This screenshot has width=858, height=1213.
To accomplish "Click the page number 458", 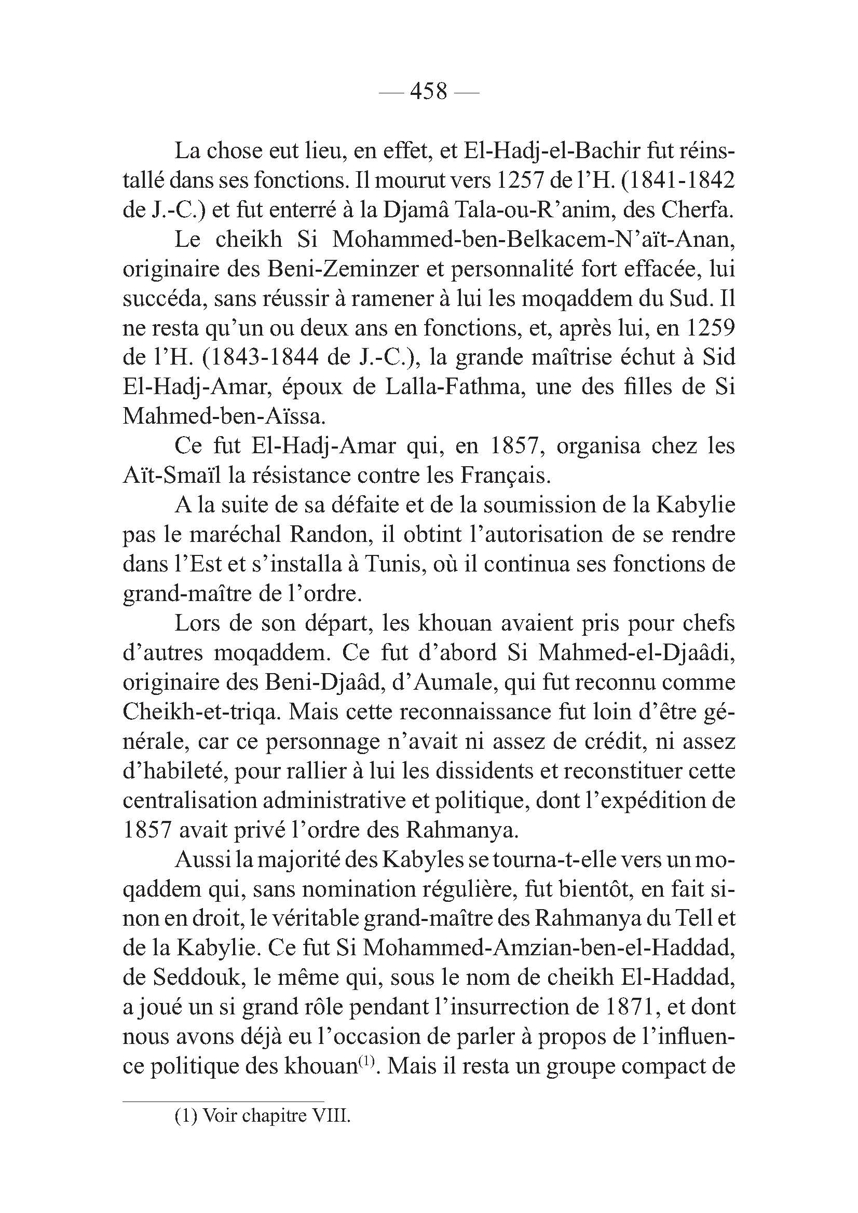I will click(x=429, y=92).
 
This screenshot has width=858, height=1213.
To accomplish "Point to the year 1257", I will click(x=521, y=181).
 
